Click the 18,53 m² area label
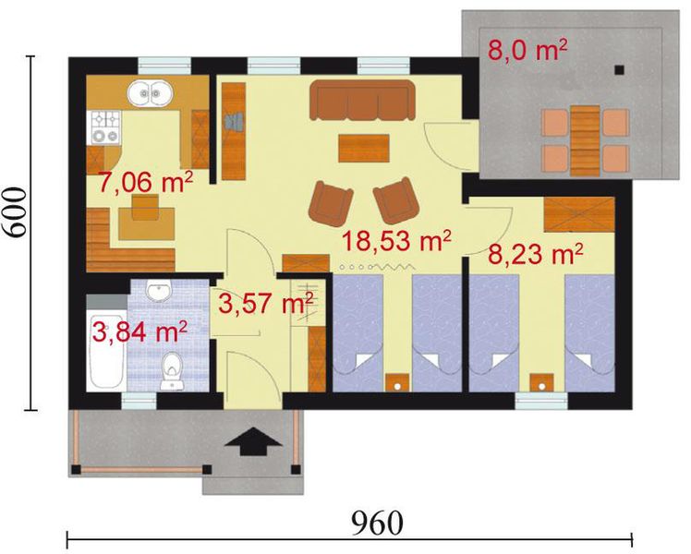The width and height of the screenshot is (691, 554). coord(396,240)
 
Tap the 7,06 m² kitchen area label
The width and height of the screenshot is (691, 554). coord(145,182)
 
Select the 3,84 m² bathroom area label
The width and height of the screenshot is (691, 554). coord(139,331)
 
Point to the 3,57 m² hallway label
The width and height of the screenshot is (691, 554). coord(266,303)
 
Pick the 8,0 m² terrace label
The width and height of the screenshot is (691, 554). coord(527,49)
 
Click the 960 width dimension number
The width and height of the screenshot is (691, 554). coord(377,524)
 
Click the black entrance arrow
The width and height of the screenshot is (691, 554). coord(253,441)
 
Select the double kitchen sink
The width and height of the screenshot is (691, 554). coord(151,93)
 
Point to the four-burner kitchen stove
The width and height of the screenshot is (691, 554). coord(105,127)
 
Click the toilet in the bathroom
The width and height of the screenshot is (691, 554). coord(172,372)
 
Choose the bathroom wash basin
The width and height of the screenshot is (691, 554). coord(160,290)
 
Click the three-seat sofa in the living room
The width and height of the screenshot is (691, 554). coord(362,100)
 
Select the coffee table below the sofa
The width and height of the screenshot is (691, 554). coord(364,148)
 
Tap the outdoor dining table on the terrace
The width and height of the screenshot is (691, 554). coord(586,140)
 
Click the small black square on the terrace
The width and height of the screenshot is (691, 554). coord(620,69)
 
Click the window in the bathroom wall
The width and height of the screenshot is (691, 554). coord(139,401)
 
